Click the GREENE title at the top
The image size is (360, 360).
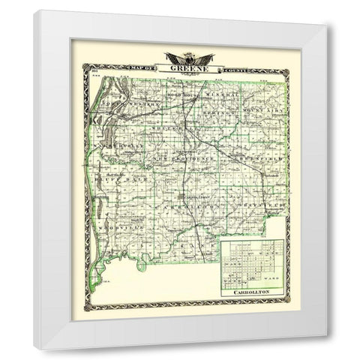click(185, 66)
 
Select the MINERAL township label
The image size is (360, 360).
click(217, 94)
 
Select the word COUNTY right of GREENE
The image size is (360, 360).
click(225, 67)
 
